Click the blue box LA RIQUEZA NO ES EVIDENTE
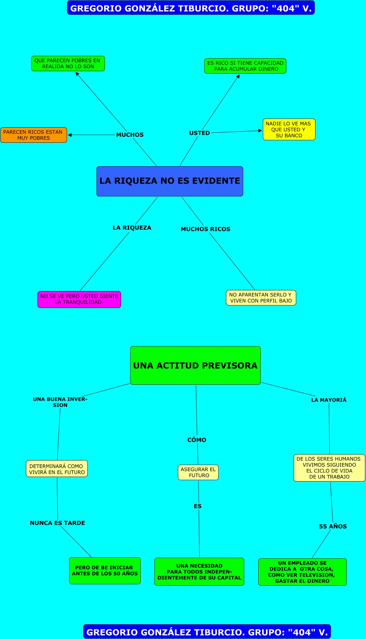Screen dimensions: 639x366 [x=169, y=181]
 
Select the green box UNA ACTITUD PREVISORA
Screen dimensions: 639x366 [x=195, y=365]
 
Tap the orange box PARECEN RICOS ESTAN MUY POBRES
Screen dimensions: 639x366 [x=33, y=135]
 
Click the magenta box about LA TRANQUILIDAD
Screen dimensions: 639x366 [x=79, y=299]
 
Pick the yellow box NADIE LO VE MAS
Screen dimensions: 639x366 [x=289, y=129]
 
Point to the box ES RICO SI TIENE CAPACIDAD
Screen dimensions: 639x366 [x=245, y=66]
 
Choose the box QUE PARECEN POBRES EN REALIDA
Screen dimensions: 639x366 [x=68, y=63]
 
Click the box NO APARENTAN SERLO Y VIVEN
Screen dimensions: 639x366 [x=261, y=298]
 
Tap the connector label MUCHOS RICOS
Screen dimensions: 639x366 [x=205, y=229]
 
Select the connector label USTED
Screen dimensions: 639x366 [x=199, y=133]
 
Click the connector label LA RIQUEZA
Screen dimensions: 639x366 [x=132, y=228]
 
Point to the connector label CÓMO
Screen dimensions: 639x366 [x=197, y=440]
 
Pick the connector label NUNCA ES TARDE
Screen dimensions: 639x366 [x=58, y=523]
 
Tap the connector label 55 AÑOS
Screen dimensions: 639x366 [x=333, y=526]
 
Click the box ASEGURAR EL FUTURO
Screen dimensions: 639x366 [x=198, y=472]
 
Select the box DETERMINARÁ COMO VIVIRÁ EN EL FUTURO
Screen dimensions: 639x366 [x=57, y=469]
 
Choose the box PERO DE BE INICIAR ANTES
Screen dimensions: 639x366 [x=105, y=571]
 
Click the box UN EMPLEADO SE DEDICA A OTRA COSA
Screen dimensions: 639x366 [x=302, y=572]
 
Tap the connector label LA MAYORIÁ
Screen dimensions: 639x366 [x=329, y=400]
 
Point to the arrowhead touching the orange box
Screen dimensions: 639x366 [x=70, y=135]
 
